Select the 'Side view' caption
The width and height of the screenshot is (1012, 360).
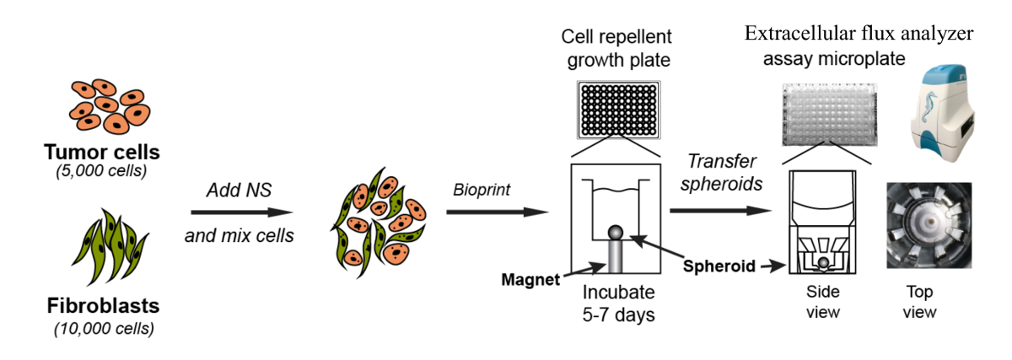824,302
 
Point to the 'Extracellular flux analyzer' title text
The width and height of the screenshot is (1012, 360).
859,35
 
